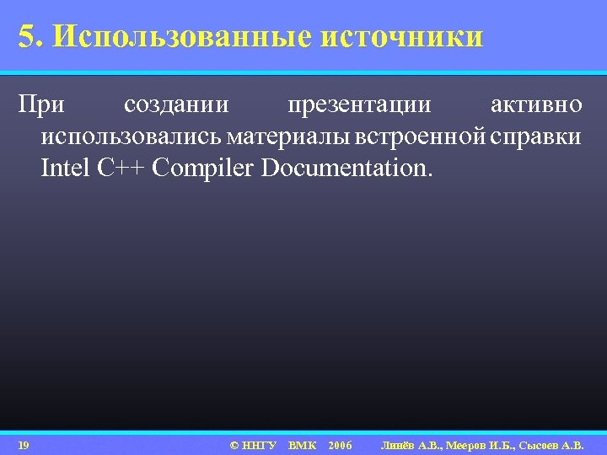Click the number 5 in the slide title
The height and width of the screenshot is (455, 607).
[27, 37]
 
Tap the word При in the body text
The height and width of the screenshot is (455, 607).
[40, 107]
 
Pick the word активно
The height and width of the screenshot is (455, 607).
[535, 107]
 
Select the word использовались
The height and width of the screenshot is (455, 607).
[130, 137]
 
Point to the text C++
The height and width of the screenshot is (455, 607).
[124, 168]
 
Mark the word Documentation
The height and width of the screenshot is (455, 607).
[346, 168]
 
